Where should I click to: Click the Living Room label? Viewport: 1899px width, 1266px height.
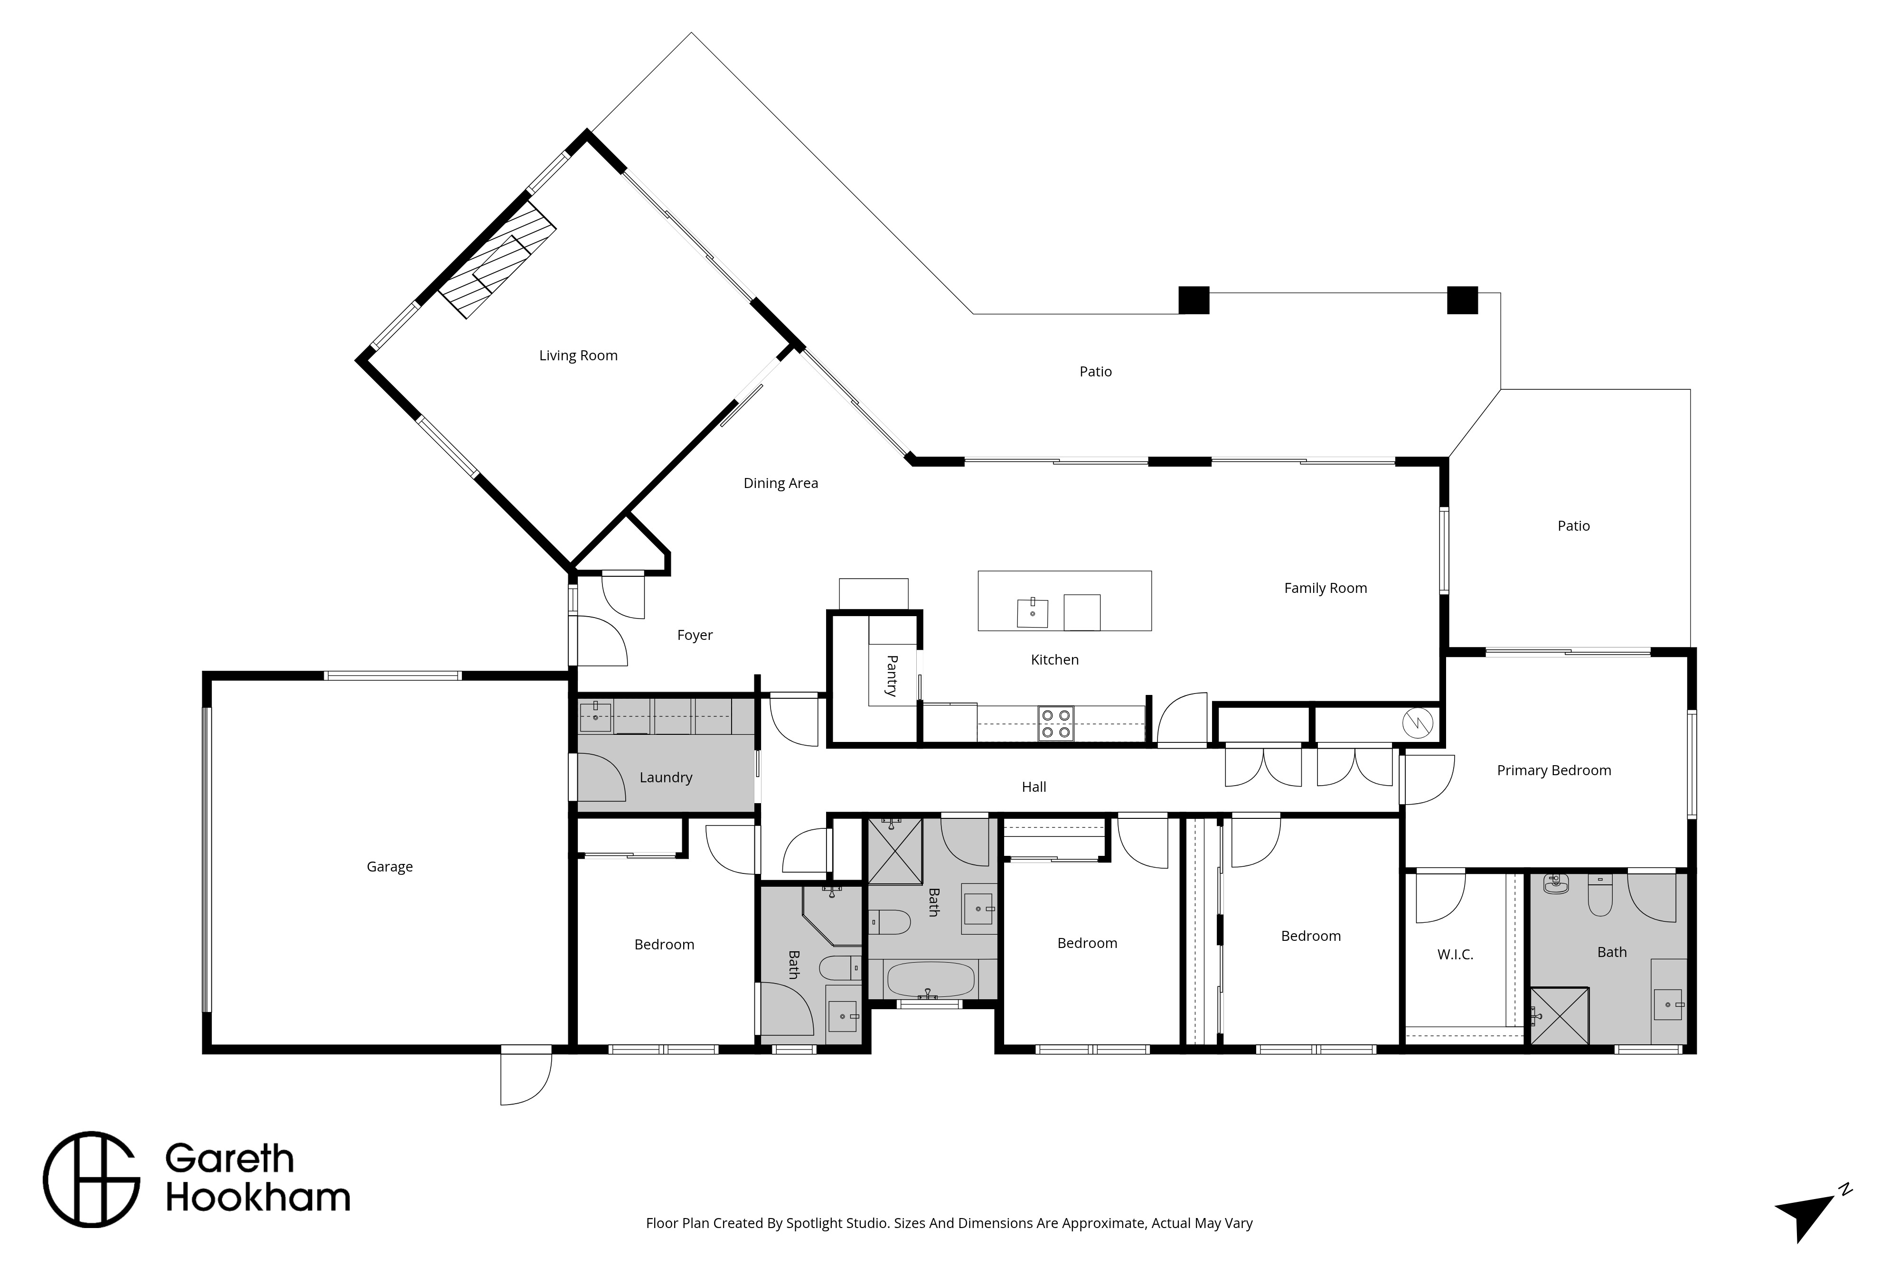[x=578, y=355]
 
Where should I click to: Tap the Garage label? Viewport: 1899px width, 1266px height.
[x=389, y=866]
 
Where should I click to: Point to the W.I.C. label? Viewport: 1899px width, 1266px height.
[x=1455, y=954]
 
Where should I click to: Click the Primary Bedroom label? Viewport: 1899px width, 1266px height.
[x=1553, y=770]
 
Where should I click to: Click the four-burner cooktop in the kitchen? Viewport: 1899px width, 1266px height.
[x=1056, y=723]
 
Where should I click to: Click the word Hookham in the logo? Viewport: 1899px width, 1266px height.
[x=258, y=1198]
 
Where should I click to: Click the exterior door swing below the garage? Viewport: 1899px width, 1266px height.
[x=526, y=1078]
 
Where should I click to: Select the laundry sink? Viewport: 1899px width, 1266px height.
[x=596, y=716]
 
